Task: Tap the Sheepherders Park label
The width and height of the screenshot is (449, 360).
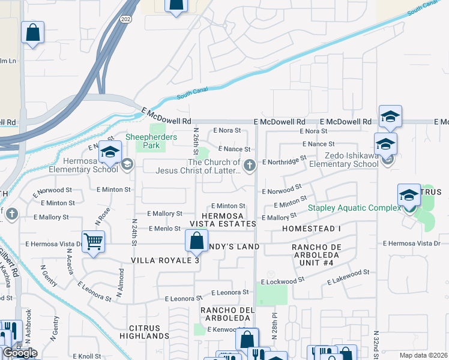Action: (151, 141)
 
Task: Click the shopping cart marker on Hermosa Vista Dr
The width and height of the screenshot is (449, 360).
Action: (93, 242)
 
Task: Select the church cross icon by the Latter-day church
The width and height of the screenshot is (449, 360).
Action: (249, 164)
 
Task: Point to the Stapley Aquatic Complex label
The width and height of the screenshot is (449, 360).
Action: (354, 208)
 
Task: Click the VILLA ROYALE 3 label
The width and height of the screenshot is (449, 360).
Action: (164, 260)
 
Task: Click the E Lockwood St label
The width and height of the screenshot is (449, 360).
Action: (292, 281)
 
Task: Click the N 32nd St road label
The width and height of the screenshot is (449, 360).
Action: (376, 342)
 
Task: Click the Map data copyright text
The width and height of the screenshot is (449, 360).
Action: (424, 355)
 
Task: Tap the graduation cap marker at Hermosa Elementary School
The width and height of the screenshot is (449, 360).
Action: (110, 153)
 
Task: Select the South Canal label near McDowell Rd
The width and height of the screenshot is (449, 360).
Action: (191, 96)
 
